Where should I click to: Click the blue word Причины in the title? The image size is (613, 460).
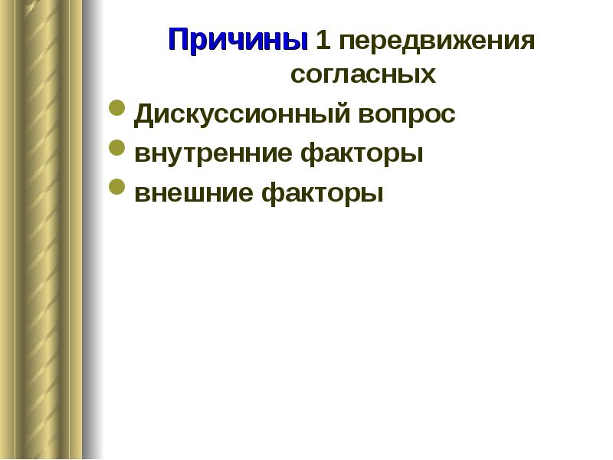click(x=238, y=40)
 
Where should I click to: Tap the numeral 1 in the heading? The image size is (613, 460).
click(x=323, y=40)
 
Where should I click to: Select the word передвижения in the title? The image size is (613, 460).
click(x=437, y=41)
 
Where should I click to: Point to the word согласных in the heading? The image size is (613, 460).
click(x=363, y=74)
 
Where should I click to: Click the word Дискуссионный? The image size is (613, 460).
click(x=241, y=114)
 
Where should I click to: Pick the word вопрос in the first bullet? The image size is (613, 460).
click(x=407, y=117)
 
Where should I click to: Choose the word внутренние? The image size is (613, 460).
click(x=213, y=154)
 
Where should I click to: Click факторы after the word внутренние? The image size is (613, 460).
click(x=362, y=154)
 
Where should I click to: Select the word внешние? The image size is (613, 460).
click(x=194, y=192)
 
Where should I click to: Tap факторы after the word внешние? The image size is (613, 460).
click(x=322, y=193)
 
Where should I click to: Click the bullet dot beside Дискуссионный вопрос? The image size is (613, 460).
click(x=117, y=108)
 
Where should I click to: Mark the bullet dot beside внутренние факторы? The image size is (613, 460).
click(x=117, y=147)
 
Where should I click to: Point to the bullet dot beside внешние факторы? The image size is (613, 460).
click(x=117, y=186)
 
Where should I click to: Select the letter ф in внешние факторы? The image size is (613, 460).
click(x=273, y=194)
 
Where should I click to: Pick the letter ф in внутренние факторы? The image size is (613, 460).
click(x=312, y=155)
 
